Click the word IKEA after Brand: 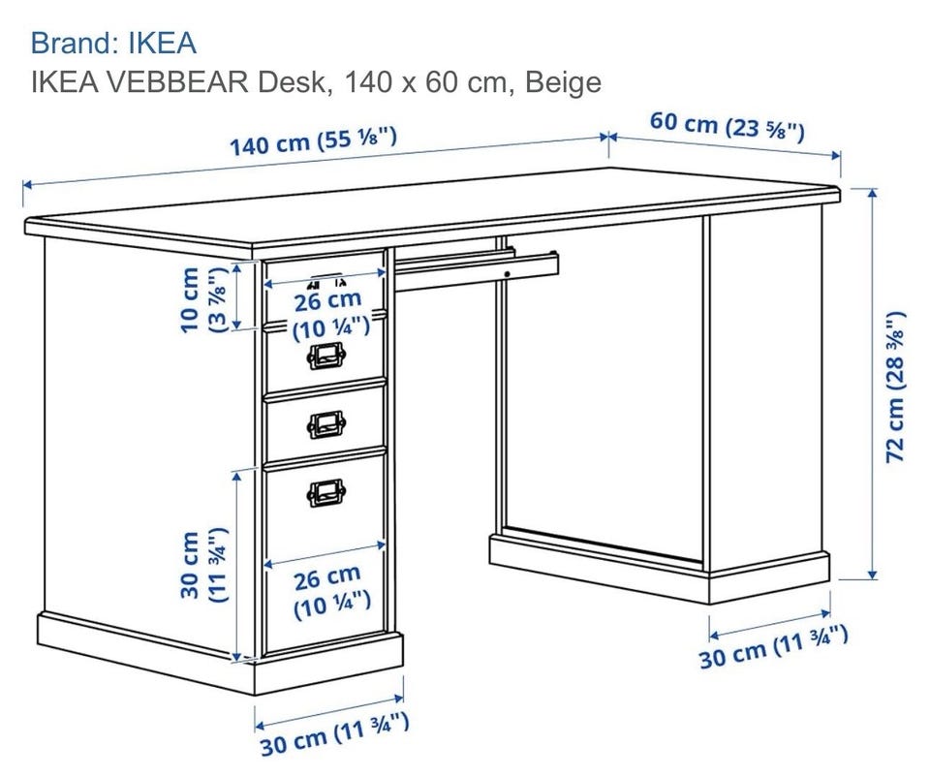[162, 44]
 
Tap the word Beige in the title [563, 82]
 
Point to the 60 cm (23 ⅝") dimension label [728, 125]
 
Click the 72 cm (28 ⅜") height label [895, 387]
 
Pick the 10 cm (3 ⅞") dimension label [201, 299]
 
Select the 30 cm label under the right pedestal [773, 647]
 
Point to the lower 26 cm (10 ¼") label [331, 593]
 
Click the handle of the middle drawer [326, 423]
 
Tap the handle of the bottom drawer [326, 493]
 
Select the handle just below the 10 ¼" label [326, 356]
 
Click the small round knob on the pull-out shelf [508, 274]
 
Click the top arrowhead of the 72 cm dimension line [872, 192]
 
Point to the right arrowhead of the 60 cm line [836, 156]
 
